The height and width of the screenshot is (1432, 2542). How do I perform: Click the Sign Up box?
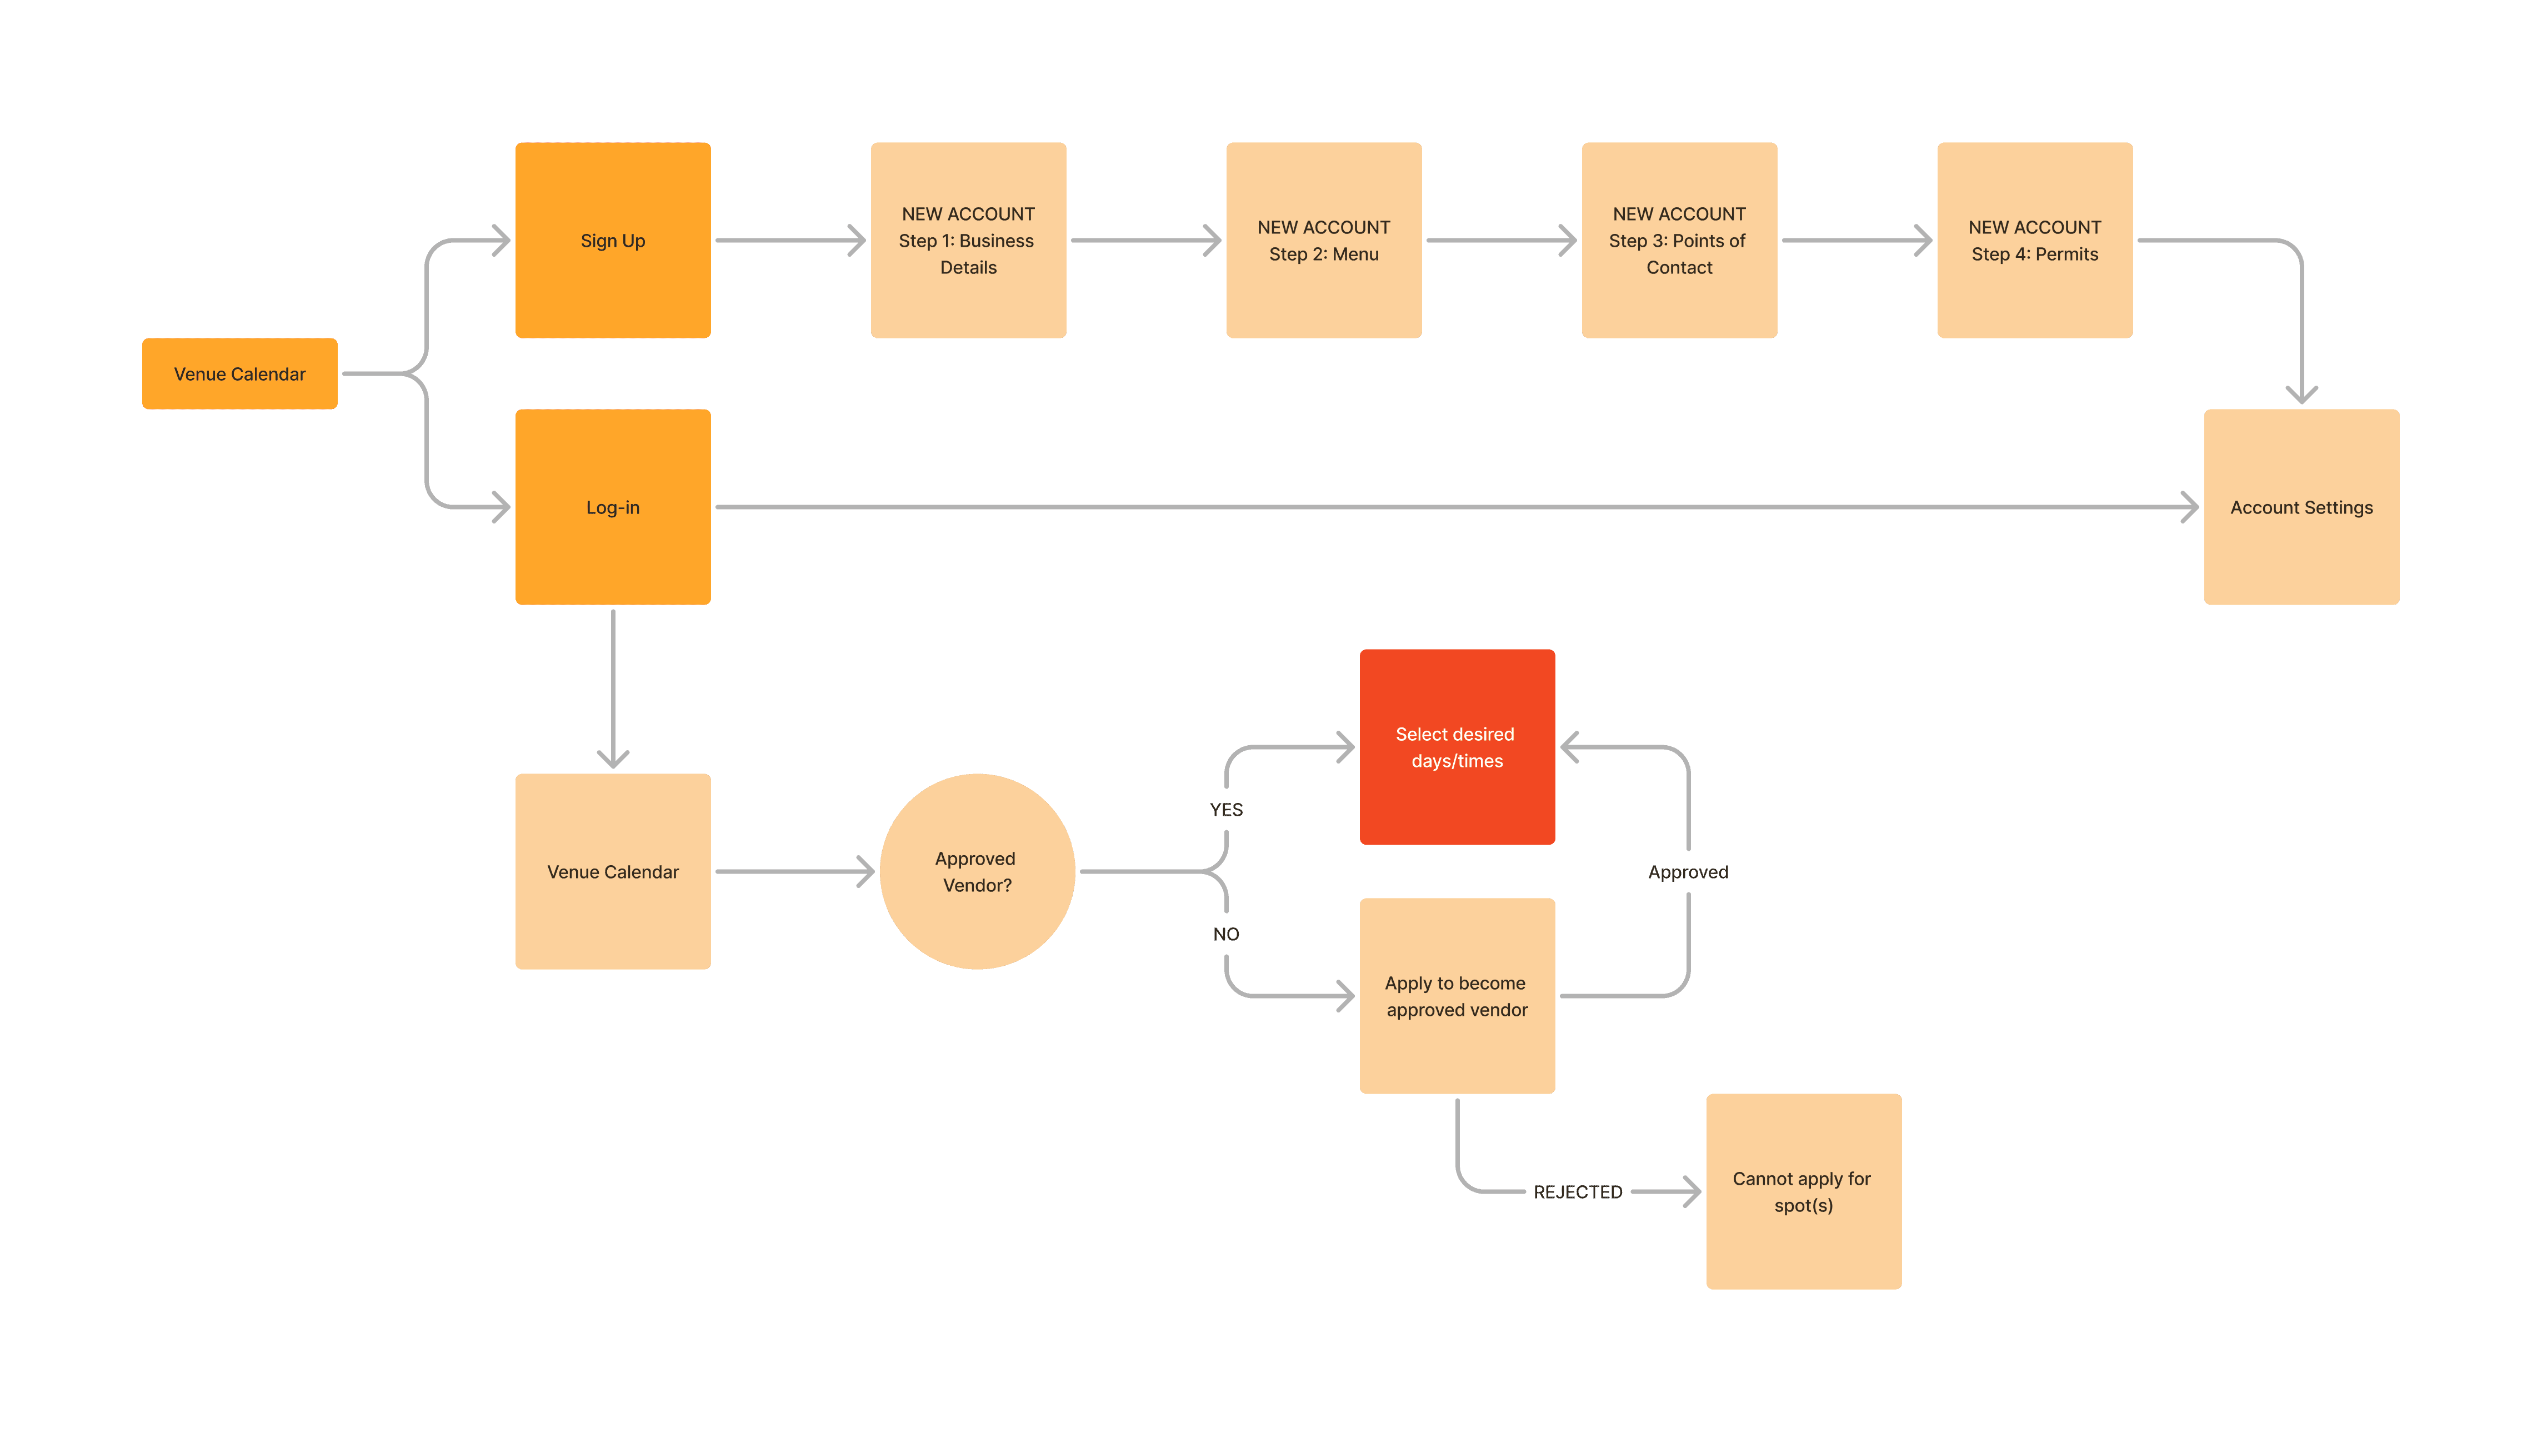pyautogui.click(x=613, y=240)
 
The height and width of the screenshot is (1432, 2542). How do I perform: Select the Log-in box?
pyautogui.click(x=613, y=506)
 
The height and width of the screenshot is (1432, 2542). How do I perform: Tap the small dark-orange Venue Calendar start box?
pyautogui.click(x=240, y=373)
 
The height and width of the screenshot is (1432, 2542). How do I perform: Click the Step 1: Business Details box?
pyautogui.click(x=968, y=240)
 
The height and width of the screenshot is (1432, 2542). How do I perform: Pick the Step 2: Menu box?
pyautogui.click(x=1323, y=240)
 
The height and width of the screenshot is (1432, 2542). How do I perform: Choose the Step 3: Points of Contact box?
pyautogui.click(x=1679, y=240)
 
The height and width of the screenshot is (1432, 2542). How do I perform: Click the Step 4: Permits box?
pyautogui.click(x=2035, y=240)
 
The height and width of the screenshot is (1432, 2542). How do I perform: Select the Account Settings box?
pyautogui.click(x=2301, y=506)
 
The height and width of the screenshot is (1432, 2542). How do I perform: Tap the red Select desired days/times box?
pyautogui.click(x=1457, y=747)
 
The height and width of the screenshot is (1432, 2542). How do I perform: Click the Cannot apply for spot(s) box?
pyautogui.click(x=1803, y=1191)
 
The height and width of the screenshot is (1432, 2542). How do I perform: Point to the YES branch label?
pyautogui.click(x=1225, y=809)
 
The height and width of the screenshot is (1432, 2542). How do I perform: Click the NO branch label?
pyautogui.click(x=1225, y=934)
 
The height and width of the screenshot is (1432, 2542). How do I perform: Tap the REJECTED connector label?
pyautogui.click(x=1577, y=1191)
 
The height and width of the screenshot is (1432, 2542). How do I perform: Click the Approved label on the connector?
pyautogui.click(x=1688, y=871)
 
